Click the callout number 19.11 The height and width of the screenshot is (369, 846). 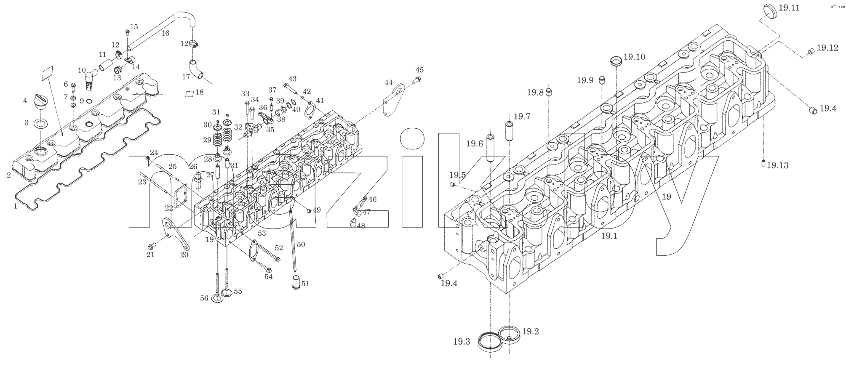[x=789, y=8]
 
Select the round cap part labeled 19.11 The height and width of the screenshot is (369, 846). [x=769, y=11]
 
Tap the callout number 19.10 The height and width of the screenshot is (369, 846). [x=634, y=57]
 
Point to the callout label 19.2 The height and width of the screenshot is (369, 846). [x=531, y=331]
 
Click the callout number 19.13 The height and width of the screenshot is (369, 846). [x=777, y=165]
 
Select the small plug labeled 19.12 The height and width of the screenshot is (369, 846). [x=810, y=52]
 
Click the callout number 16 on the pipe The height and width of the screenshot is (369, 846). [x=165, y=33]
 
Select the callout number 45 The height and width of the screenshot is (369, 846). [x=419, y=70]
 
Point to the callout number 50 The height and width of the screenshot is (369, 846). [x=301, y=244]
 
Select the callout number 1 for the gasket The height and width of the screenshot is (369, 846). [x=16, y=206]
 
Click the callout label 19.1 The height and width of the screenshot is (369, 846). [x=609, y=236]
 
